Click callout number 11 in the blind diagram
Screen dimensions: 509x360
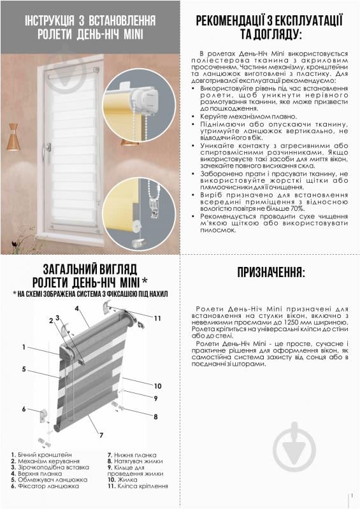point(157,317)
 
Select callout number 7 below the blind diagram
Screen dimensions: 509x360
point(100,434)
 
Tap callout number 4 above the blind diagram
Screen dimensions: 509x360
point(77,308)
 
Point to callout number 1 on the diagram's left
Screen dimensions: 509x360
point(23,347)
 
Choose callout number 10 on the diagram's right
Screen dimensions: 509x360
point(157,385)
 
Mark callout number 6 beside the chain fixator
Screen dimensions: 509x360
point(24,409)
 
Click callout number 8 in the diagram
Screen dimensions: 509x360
point(155,417)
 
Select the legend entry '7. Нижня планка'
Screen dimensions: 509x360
point(131,454)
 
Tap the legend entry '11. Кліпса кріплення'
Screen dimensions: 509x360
point(138,485)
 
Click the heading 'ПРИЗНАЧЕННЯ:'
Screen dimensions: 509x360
point(271,273)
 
